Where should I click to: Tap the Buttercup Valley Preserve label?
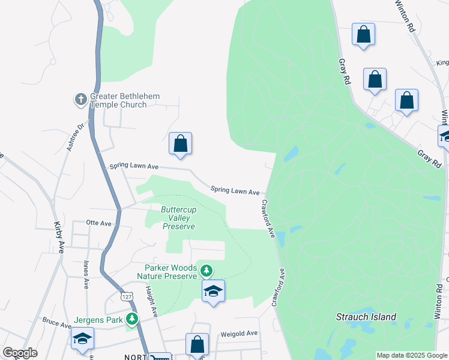pyautogui.click(x=179, y=218)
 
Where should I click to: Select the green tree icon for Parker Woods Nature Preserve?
pyautogui.click(x=206, y=271)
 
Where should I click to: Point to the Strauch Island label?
pyautogui.click(x=366, y=317)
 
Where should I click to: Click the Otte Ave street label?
pyautogui.click(x=99, y=223)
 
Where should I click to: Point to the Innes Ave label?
pyautogui.click(x=86, y=275)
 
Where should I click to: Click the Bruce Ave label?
pyautogui.click(x=56, y=324)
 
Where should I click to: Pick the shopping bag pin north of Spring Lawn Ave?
pyautogui.click(x=180, y=144)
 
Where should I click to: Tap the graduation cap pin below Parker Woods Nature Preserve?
pyautogui.click(x=213, y=292)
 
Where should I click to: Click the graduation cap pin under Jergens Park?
pyautogui.click(x=83, y=338)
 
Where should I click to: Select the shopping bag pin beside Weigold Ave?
pyautogui.click(x=197, y=344)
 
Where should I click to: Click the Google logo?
pyautogui.click(x=19, y=353)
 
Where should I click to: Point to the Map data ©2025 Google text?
pyautogui.click(x=412, y=355)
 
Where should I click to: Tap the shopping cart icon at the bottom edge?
pyautogui.click(x=158, y=357)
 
